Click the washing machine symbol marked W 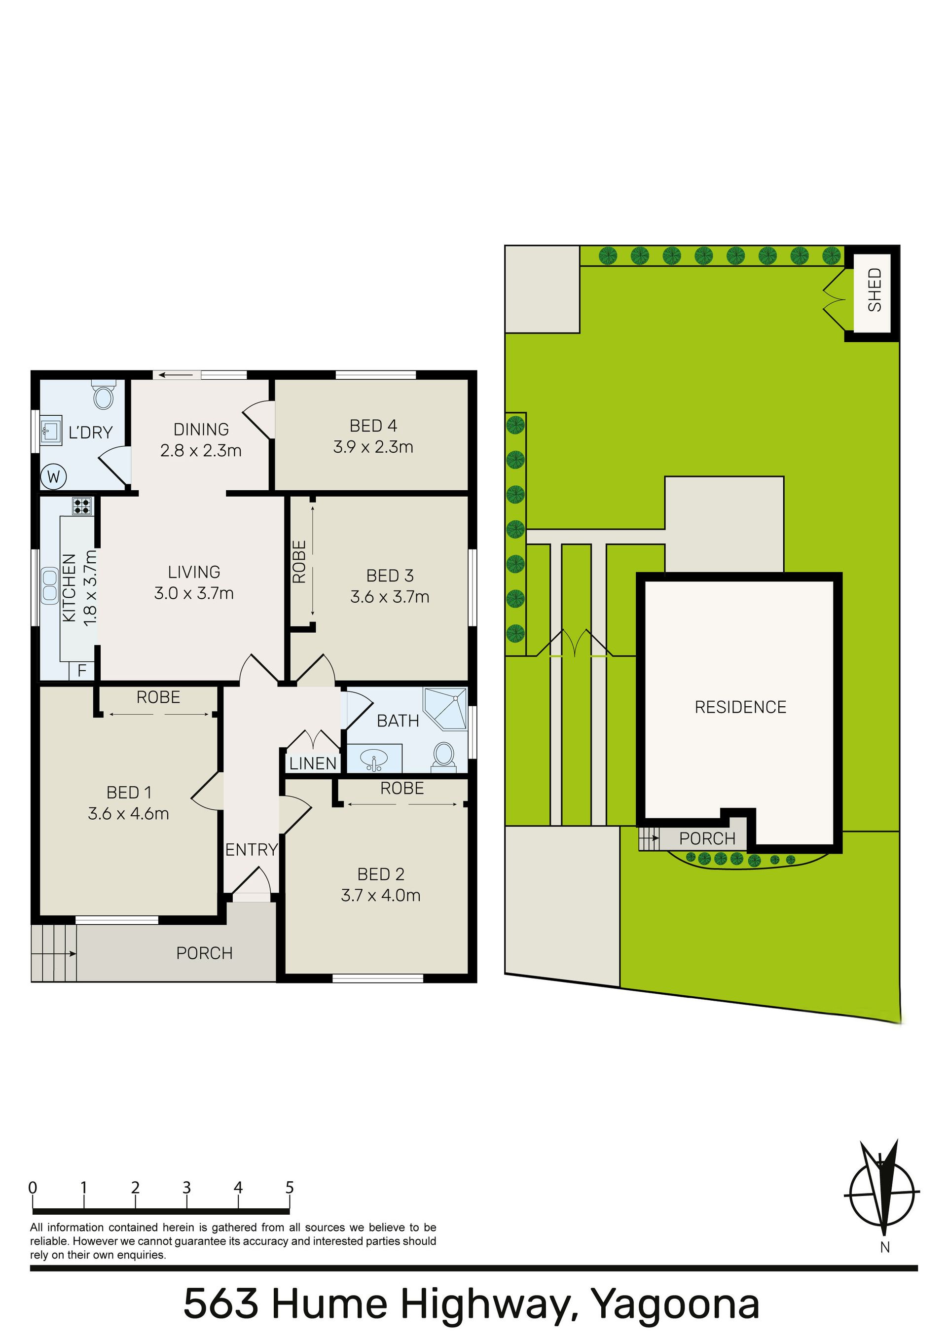[53, 477]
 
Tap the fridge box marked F [82, 671]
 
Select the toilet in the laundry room [104, 395]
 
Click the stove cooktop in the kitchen [82, 506]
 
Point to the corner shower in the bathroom [446, 709]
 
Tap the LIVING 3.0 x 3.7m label [194, 582]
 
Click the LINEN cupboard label [313, 763]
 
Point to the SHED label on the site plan [874, 290]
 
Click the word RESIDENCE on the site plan [740, 707]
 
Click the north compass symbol [883, 1190]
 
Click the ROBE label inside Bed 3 [299, 561]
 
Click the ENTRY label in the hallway [252, 850]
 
